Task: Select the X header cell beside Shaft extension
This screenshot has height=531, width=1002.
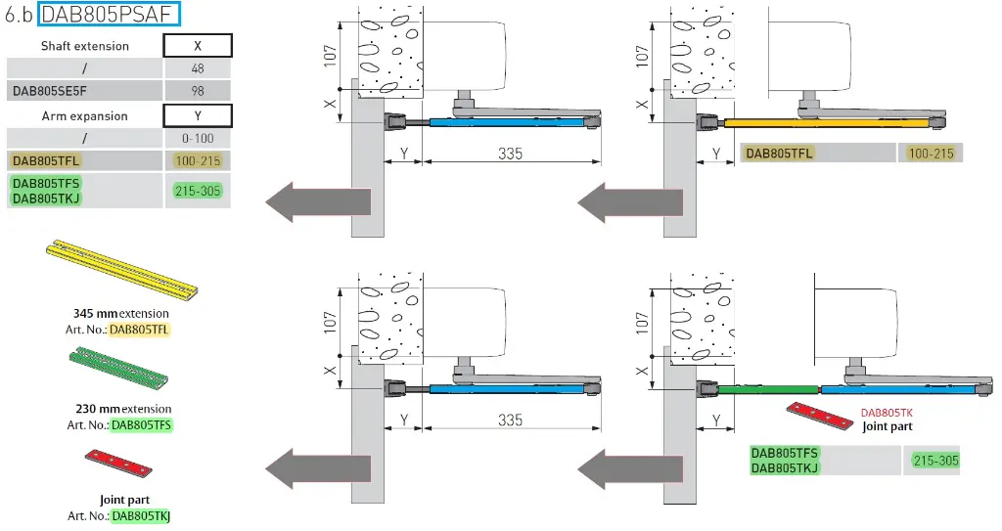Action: coord(198,46)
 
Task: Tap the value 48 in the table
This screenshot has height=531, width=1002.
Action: coord(198,68)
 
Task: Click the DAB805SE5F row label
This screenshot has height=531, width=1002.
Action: coord(56,91)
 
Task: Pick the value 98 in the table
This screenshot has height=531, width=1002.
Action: coord(198,91)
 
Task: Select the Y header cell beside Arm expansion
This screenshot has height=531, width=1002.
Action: coord(198,116)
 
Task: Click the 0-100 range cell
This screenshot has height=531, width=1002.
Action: coord(198,139)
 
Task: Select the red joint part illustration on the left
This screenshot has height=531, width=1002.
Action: coord(119,463)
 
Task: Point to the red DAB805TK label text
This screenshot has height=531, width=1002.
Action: coord(886,413)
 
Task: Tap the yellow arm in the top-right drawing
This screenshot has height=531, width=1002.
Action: coord(826,124)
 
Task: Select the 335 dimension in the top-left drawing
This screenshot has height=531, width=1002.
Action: coord(510,154)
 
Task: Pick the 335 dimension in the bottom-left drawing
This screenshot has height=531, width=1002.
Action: coord(510,420)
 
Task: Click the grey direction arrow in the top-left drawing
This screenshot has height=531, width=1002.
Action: coord(317,202)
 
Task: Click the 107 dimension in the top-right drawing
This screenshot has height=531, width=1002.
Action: coord(643,53)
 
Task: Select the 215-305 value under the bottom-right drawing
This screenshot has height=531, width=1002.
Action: coord(935,461)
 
